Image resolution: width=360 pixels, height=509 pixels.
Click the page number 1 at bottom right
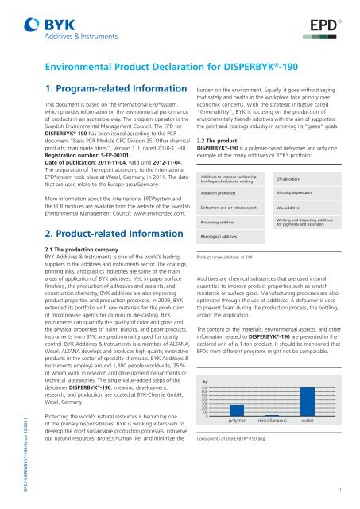(x=340, y=491)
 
